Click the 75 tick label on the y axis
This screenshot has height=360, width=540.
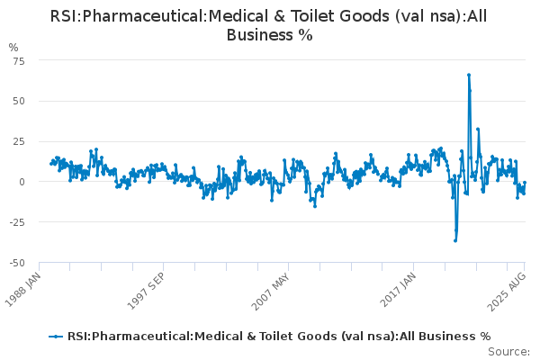[19, 60]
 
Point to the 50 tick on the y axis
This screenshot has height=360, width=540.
[19, 101]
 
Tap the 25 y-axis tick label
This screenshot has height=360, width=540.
[19, 141]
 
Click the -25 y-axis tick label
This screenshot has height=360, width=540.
[16, 222]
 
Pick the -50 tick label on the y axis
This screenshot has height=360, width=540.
[16, 263]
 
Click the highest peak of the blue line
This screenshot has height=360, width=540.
[469, 75]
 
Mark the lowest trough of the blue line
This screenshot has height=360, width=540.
[455, 240]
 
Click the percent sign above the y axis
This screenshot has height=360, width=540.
[13, 46]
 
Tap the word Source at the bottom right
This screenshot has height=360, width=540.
[509, 351]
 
